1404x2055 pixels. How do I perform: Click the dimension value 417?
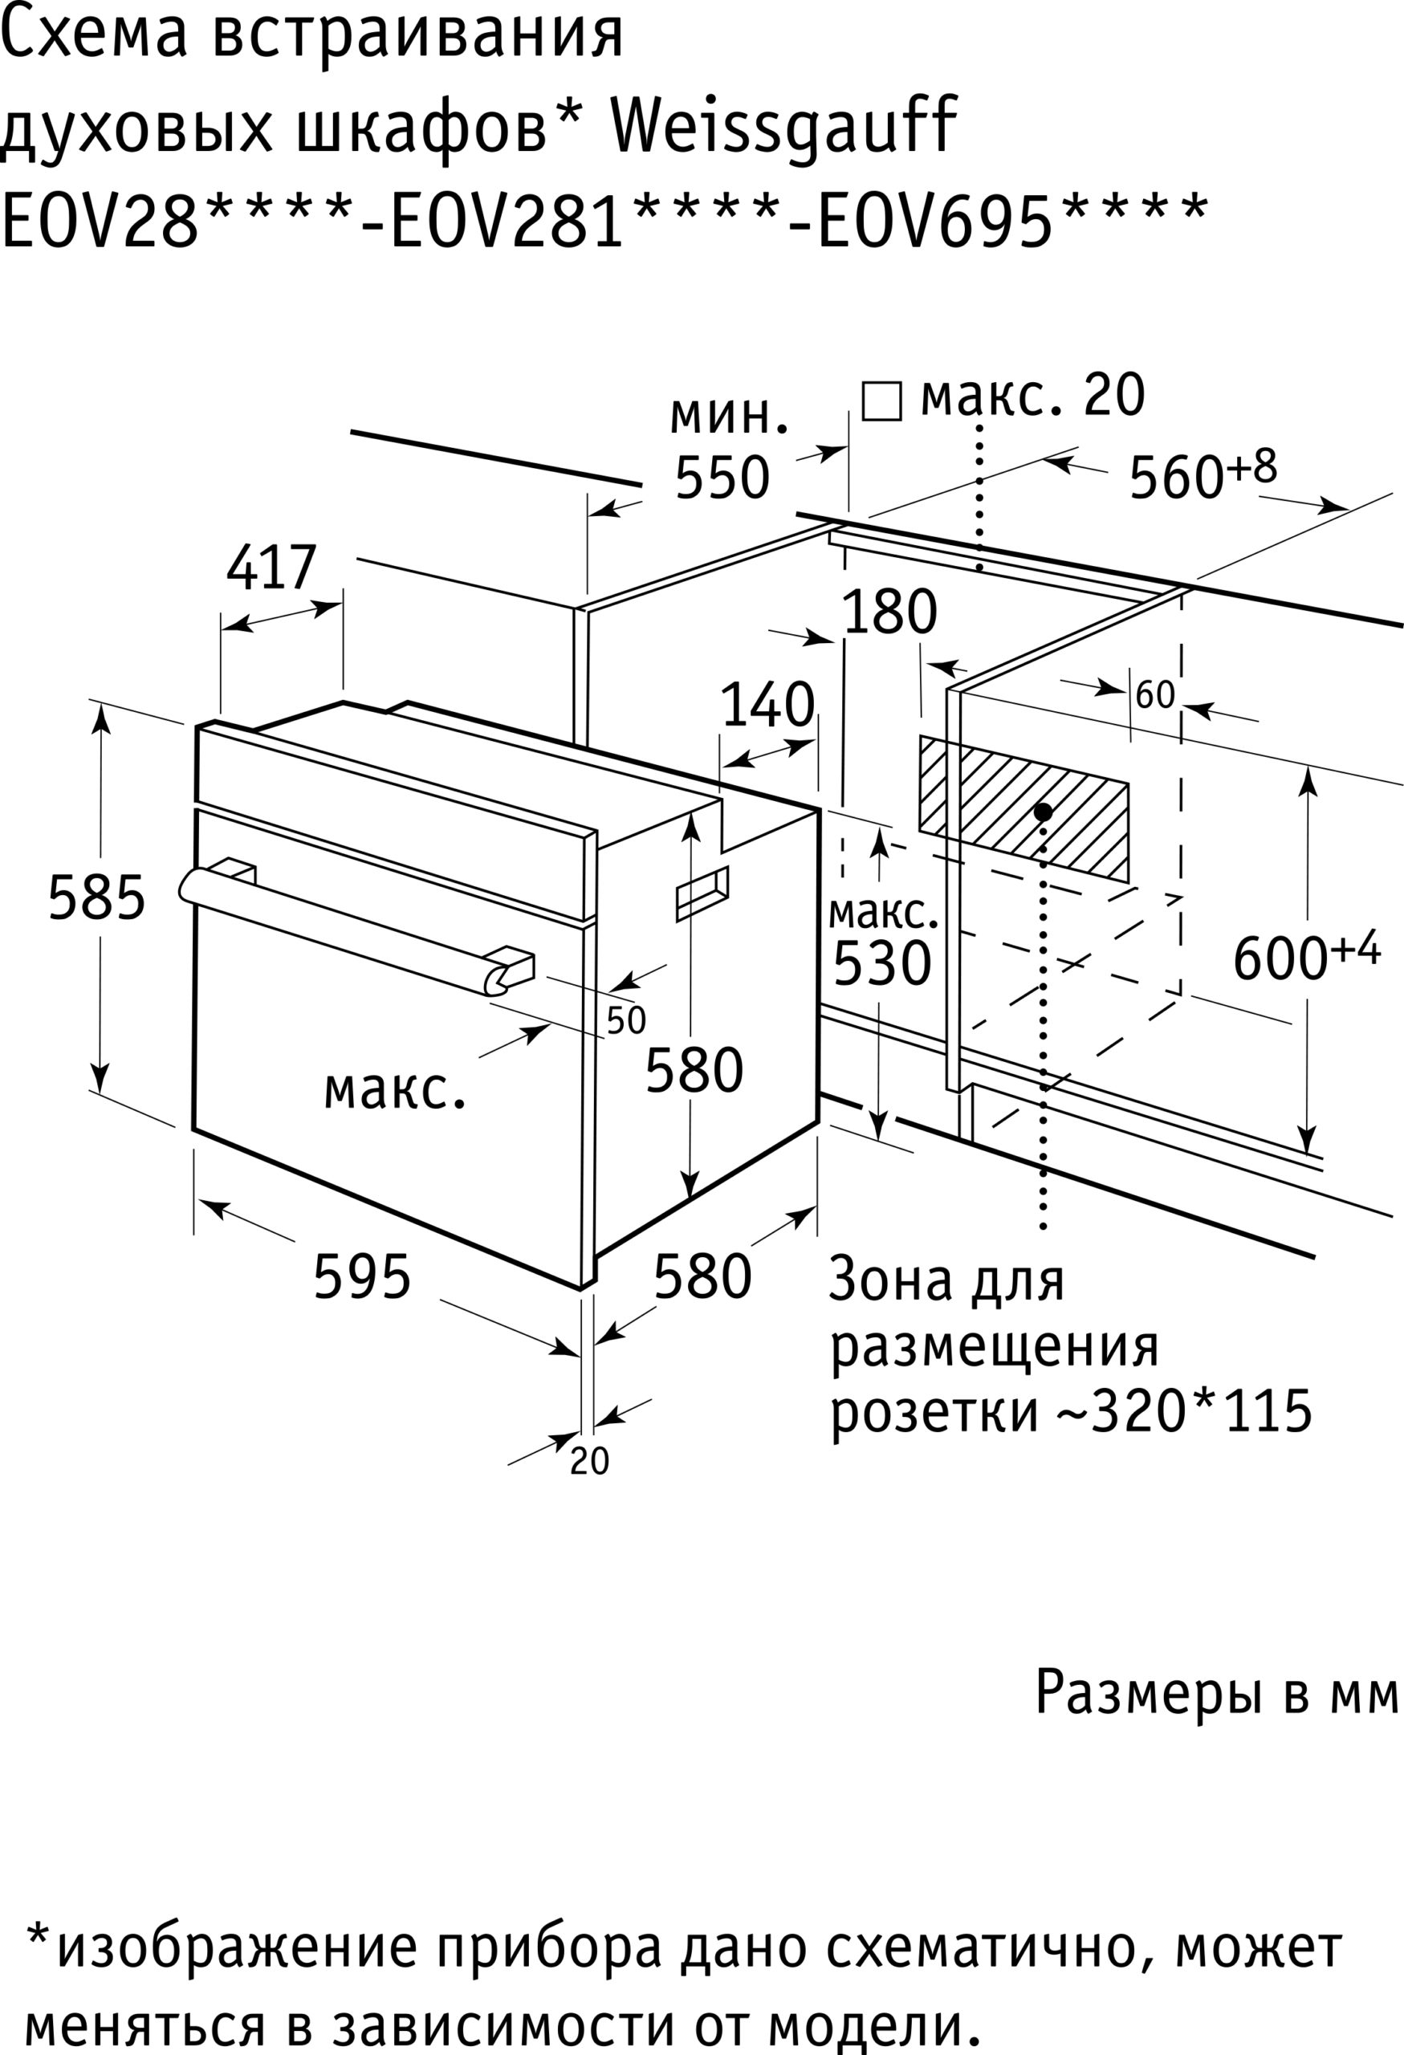pyautogui.click(x=271, y=568)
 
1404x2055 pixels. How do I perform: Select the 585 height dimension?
pyautogui.click(x=96, y=897)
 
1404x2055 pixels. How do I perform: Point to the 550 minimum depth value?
pyautogui.click(x=722, y=478)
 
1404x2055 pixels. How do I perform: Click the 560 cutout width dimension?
pyautogui.click(x=1176, y=478)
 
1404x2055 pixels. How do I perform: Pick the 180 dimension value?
pyautogui.click(x=889, y=612)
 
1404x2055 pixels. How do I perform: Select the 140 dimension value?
pyautogui.click(x=767, y=706)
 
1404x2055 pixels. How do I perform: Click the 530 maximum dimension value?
pyautogui.click(x=882, y=963)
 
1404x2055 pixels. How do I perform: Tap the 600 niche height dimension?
pyautogui.click(x=1281, y=958)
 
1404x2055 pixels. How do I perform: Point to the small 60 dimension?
pyautogui.click(x=1154, y=695)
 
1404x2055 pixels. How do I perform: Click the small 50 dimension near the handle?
pyautogui.click(x=626, y=1020)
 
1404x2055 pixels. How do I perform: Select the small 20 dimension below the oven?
pyautogui.click(x=590, y=1462)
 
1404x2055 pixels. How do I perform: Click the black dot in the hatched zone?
pyautogui.click(x=1044, y=811)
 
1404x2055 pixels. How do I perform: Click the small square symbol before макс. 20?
pyautogui.click(x=881, y=401)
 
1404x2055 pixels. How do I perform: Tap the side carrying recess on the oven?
pyautogui.click(x=702, y=893)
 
